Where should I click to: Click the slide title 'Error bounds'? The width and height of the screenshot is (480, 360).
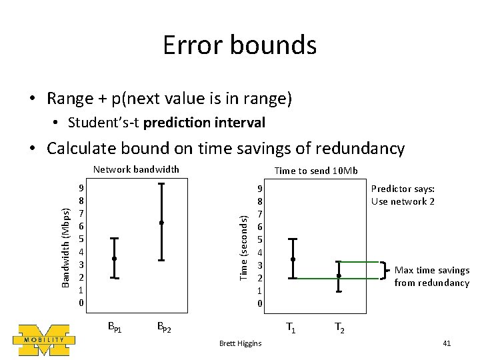click(240, 45)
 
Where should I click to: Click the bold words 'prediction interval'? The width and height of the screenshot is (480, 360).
click(204, 123)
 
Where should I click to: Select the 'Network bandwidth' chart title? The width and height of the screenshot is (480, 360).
click(136, 169)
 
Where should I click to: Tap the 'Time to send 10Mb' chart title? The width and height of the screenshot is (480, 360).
click(316, 171)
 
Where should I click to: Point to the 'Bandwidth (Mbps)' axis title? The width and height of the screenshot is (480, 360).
click(65, 247)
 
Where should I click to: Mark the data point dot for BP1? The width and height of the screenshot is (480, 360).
click(115, 258)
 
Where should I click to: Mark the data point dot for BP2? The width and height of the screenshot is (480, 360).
click(161, 222)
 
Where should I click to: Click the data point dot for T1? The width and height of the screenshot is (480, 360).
click(293, 259)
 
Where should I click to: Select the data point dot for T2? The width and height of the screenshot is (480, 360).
click(339, 275)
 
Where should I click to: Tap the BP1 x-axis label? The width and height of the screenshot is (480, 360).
click(115, 327)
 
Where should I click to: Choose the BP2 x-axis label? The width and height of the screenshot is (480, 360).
click(163, 327)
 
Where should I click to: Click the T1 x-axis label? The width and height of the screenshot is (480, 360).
click(291, 327)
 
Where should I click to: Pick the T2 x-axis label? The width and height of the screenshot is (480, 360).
click(339, 327)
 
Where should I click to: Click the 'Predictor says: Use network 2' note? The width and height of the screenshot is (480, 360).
click(403, 195)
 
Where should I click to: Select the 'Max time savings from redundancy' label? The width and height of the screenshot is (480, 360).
click(431, 277)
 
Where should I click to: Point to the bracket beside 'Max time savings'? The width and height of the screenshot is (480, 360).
click(385, 270)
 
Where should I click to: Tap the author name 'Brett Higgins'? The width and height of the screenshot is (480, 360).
click(240, 343)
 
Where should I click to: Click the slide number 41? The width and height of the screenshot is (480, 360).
click(447, 343)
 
